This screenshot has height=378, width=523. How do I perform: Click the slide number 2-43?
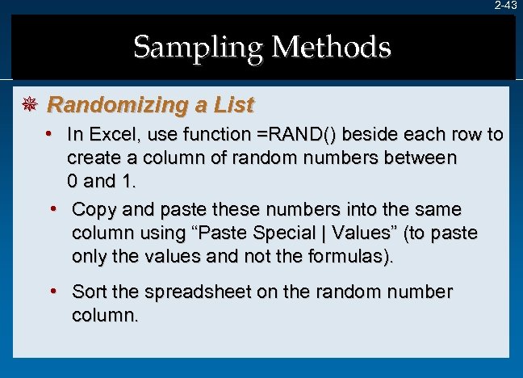click(506, 6)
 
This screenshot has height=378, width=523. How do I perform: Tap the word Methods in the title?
click(332, 48)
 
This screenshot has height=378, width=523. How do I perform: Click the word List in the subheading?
click(234, 105)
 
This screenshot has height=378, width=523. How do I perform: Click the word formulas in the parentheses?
click(349, 258)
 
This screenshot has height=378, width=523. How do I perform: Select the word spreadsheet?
click(190, 291)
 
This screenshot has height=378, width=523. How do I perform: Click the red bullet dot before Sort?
click(52, 290)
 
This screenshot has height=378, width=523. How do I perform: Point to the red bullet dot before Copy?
click(52, 209)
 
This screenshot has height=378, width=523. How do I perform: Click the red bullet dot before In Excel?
click(49, 133)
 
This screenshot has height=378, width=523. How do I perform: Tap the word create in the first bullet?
click(94, 157)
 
